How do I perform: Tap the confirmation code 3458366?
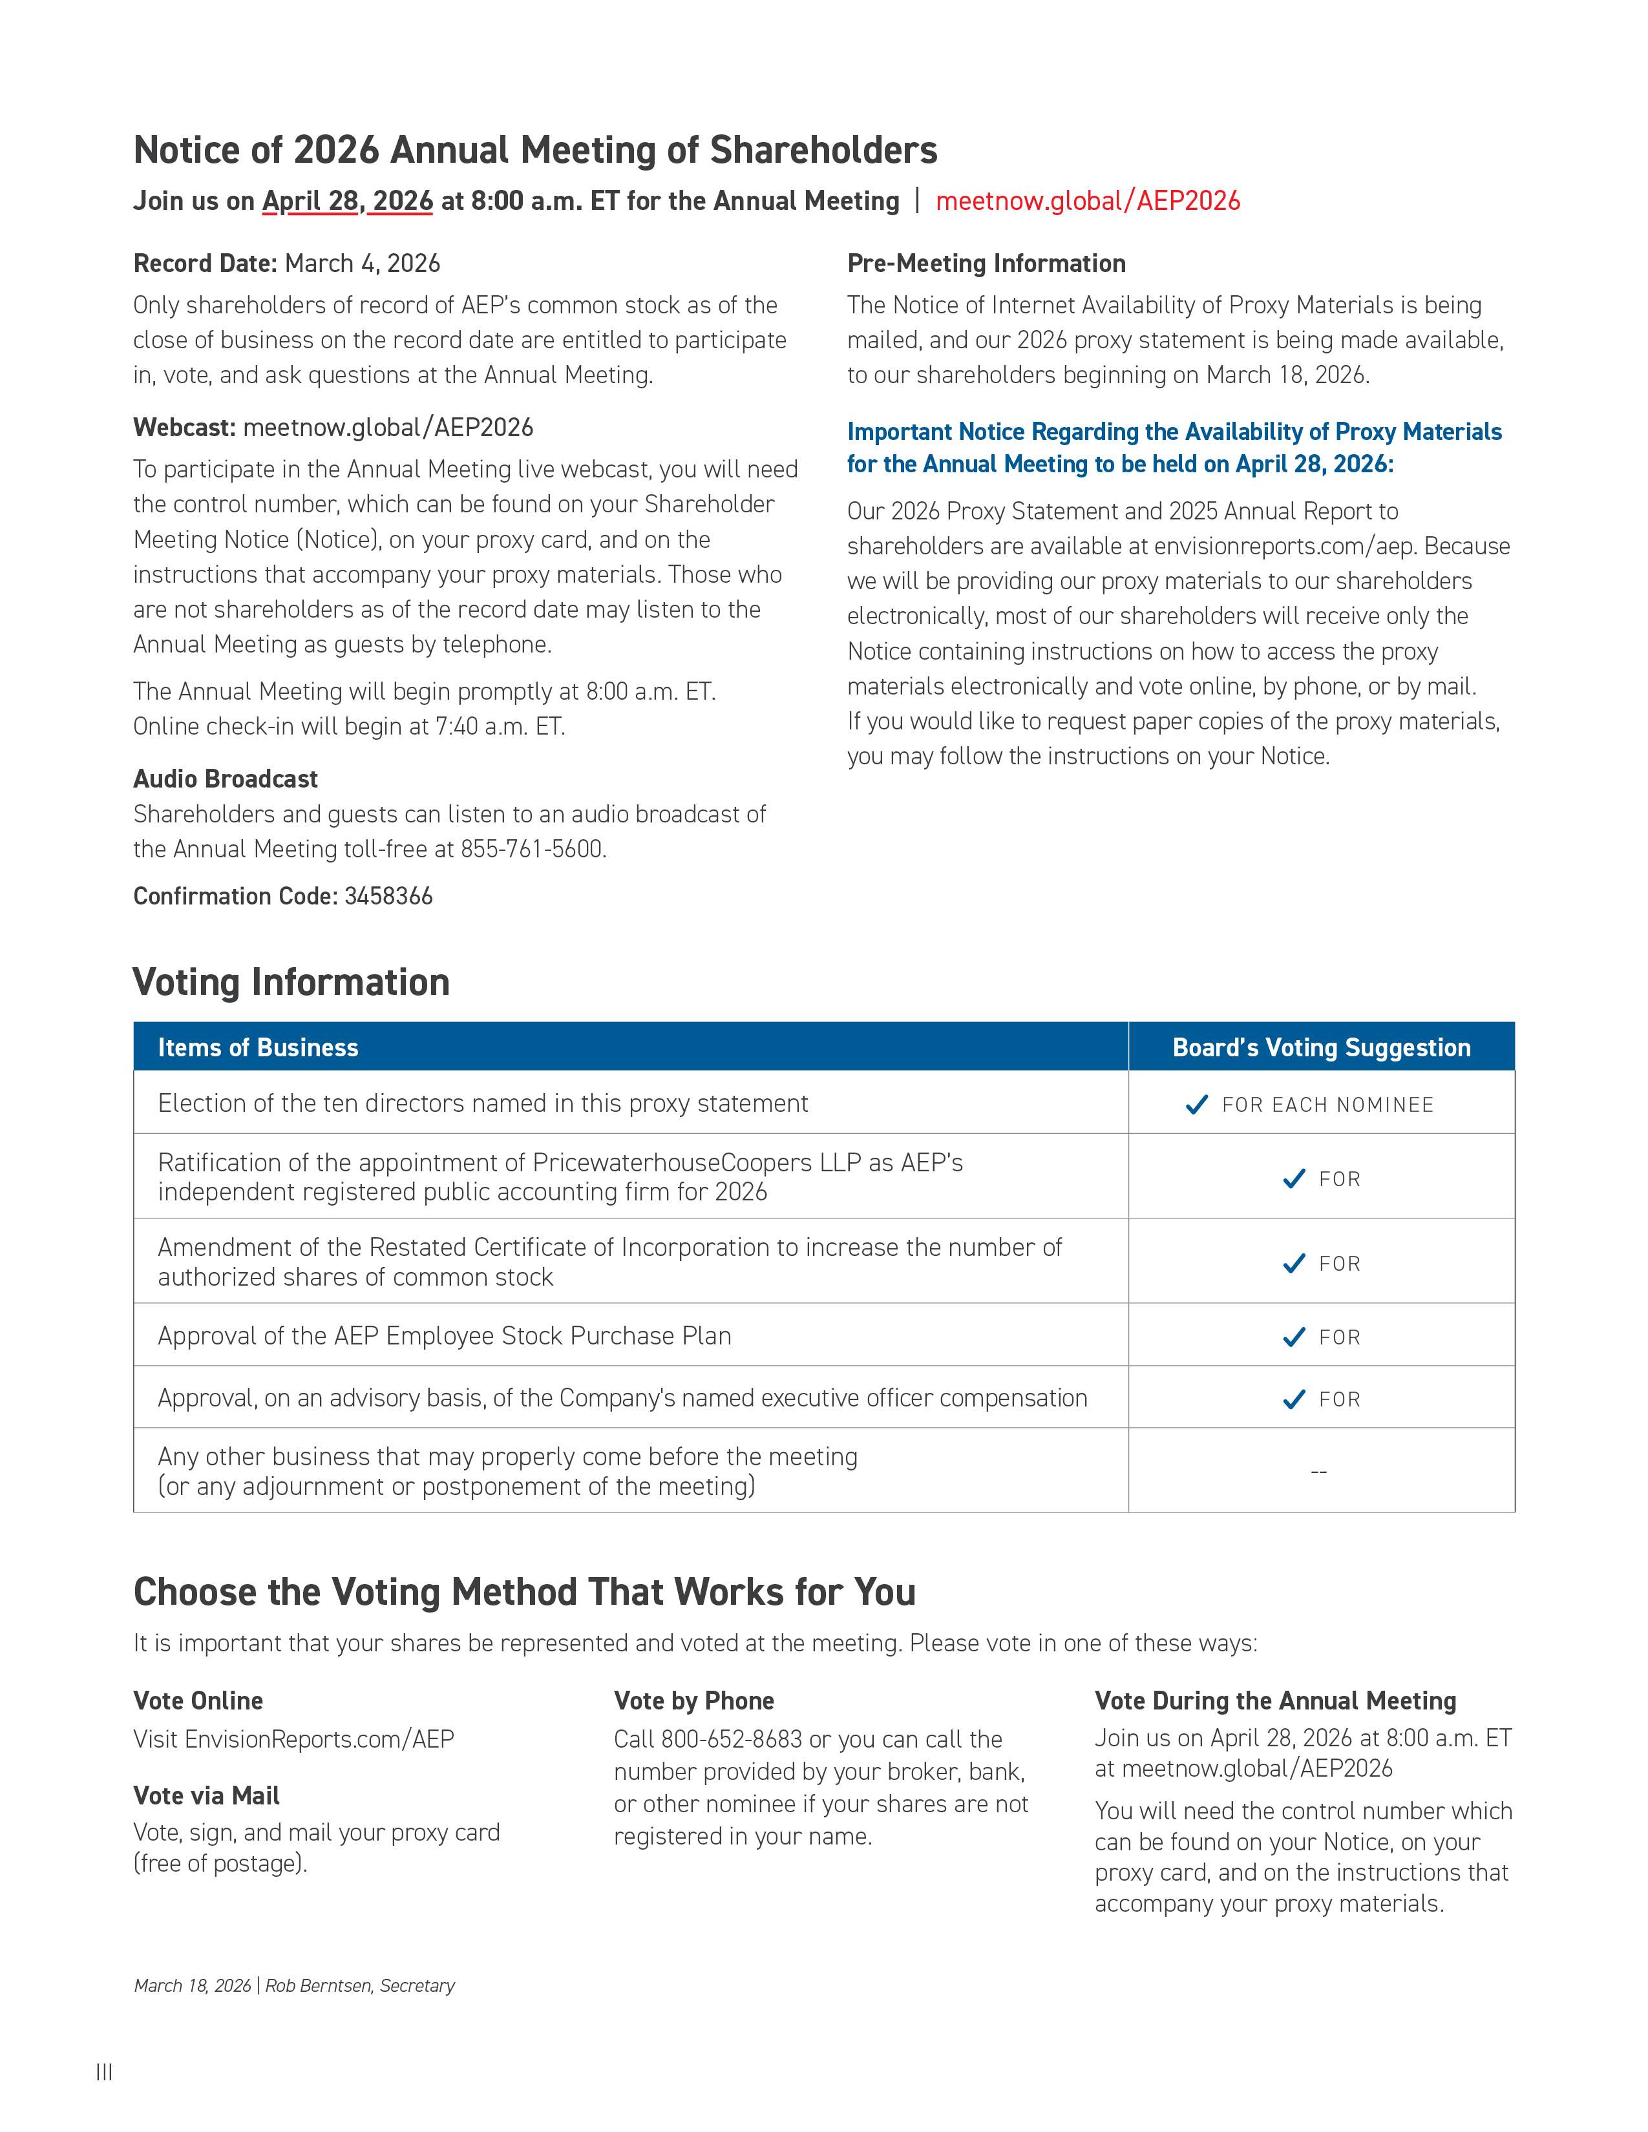pyautogui.click(x=388, y=896)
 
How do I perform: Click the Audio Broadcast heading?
pyautogui.click(x=226, y=779)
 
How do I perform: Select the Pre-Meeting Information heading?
pyautogui.click(x=986, y=264)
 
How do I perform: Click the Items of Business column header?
pyautogui.click(x=258, y=1047)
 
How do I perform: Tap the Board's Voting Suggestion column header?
pyautogui.click(x=1321, y=1047)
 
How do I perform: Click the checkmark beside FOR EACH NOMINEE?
pyautogui.click(x=1196, y=1105)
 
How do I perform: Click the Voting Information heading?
pyautogui.click(x=291, y=982)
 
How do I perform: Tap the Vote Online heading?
pyautogui.click(x=198, y=1700)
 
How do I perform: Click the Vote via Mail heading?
pyautogui.click(x=206, y=1795)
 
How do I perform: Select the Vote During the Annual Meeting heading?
pyautogui.click(x=1275, y=1700)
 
